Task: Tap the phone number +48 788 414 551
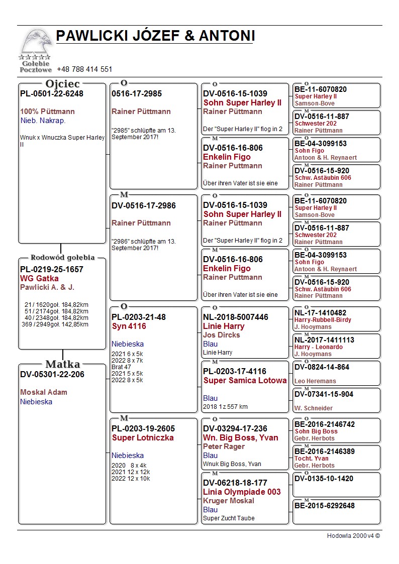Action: [84, 69]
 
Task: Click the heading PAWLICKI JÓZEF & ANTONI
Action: [155, 36]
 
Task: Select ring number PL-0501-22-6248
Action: [52, 93]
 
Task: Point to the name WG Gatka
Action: [39, 278]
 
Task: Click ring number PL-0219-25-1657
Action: [52, 269]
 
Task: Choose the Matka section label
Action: [62, 364]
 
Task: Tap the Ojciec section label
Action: [62, 84]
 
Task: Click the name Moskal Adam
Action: [44, 392]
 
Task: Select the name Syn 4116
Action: [129, 326]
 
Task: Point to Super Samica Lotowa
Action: [245, 381]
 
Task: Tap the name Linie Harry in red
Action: [224, 326]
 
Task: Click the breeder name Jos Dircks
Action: [222, 335]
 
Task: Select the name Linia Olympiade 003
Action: [242, 492]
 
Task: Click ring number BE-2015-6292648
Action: [325, 505]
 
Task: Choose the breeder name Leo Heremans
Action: [315, 381]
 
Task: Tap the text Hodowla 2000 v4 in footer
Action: [353, 536]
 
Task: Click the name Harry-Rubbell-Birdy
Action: [323, 320]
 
